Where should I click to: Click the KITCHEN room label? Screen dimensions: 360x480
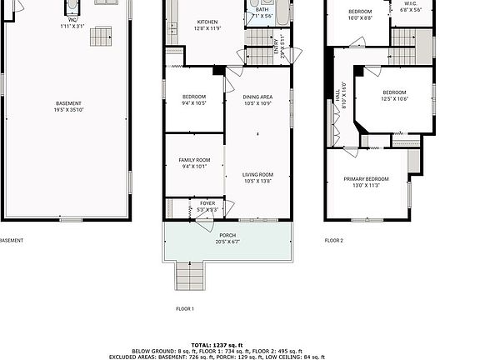pyautogui.click(x=207, y=22)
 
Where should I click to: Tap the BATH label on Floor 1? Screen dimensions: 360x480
pyautogui.click(x=262, y=8)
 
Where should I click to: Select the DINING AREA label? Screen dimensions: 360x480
pyautogui.click(x=257, y=97)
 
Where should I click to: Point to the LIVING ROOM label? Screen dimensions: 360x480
pyautogui.click(x=257, y=174)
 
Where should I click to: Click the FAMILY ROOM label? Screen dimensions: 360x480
pyautogui.click(x=194, y=159)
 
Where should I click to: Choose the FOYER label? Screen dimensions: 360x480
pyautogui.click(x=207, y=202)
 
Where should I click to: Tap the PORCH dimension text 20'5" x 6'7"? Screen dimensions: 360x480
pyautogui.click(x=227, y=242)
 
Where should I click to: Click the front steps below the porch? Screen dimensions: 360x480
pyautogui.click(x=189, y=274)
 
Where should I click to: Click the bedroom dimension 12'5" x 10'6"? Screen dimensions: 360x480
pyautogui.click(x=394, y=98)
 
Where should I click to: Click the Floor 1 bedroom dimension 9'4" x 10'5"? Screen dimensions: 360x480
pyautogui.click(x=194, y=103)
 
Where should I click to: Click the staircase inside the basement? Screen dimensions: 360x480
pyautogui.click(x=101, y=37)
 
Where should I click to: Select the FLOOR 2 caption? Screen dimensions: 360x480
pyautogui.click(x=333, y=240)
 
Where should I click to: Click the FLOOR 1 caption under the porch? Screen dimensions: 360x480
pyautogui.click(x=184, y=308)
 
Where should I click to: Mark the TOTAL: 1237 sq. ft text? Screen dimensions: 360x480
pyautogui.click(x=217, y=344)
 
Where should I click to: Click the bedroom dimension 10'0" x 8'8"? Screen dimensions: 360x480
pyautogui.click(x=360, y=17)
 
